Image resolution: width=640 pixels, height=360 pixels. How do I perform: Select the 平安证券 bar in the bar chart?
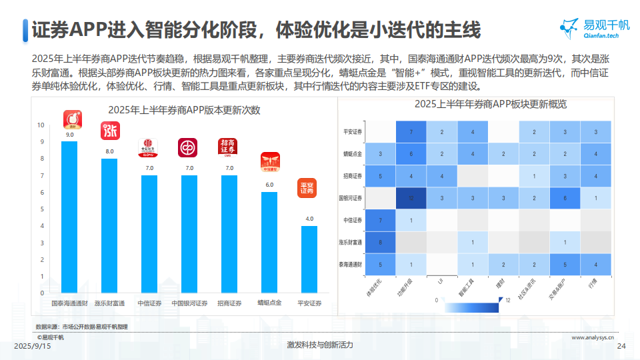coord(309,259)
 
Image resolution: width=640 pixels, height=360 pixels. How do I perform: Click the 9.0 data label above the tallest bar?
coord(69,135)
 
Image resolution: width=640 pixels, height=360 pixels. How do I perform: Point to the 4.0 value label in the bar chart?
coord(309,219)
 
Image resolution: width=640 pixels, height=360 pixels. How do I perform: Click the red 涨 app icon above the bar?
coord(109,131)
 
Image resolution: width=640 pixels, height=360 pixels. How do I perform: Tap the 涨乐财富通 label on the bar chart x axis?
coord(109,303)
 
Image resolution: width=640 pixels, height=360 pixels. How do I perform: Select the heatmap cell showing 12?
coord(411,198)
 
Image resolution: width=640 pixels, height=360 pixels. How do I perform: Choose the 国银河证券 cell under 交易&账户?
coord(565,198)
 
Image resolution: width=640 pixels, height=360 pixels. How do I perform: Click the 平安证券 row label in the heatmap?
coord(352,132)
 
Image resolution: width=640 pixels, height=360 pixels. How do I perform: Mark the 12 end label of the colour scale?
coord(509,300)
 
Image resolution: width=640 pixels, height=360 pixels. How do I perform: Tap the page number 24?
coord(622,345)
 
